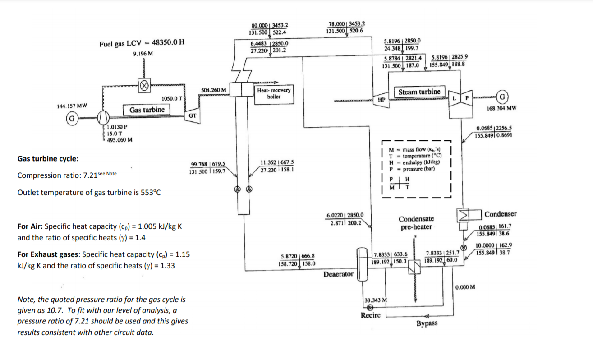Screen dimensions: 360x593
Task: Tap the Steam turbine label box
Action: tap(419, 92)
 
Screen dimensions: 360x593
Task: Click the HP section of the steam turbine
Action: tap(381, 99)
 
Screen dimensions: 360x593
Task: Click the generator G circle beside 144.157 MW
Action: tap(71, 119)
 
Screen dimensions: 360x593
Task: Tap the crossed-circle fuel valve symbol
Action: tap(144, 86)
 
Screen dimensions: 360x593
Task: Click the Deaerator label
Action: tap(338, 274)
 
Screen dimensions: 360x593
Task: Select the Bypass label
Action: tap(427, 323)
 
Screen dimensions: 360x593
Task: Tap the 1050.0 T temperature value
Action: tap(172, 98)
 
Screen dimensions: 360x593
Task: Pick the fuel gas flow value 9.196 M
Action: tap(143, 54)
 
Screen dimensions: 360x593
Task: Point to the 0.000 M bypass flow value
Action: tap(465, 287)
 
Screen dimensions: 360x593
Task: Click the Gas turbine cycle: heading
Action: tap(48, 159)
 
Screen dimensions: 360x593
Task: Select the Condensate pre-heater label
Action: tap(416, 223)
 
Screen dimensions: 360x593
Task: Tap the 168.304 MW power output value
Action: tap(502, 108)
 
